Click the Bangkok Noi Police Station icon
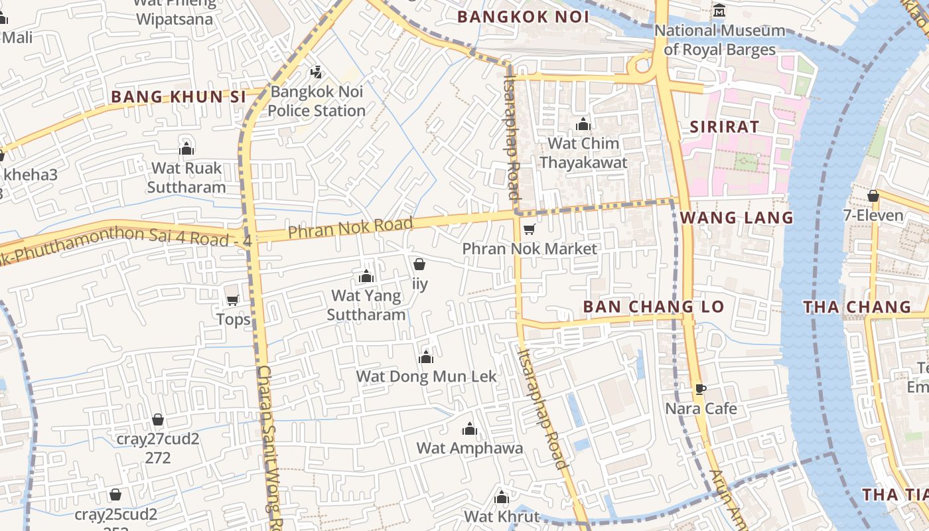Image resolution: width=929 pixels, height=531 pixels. [317, 72]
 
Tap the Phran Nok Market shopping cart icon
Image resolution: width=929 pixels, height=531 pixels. [529, 230]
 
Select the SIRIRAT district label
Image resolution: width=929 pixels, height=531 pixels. [724, 127]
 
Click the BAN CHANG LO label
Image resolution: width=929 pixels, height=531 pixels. [653, 307]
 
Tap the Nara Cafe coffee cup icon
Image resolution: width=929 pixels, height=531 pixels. [700, 389]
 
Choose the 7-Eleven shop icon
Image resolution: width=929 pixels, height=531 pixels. [873, 196]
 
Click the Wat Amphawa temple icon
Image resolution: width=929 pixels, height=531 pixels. [469, 429]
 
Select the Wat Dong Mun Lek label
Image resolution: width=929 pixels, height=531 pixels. [426, 376]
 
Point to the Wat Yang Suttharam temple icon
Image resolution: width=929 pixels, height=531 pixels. [366, 276]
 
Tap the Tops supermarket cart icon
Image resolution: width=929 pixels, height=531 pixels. [232, 301]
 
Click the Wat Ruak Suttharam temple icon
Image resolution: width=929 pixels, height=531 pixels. [186, 148]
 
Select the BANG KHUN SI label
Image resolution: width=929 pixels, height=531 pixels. [179, 97]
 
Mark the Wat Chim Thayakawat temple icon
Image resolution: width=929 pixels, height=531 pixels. [583, 124]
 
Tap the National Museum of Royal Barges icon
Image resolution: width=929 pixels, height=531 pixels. [719, 11]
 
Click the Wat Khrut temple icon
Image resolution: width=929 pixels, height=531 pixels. [502, 497]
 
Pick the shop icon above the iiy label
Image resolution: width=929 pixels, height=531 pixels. [419, 265]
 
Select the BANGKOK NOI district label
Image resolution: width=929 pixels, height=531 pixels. [524, 17]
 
